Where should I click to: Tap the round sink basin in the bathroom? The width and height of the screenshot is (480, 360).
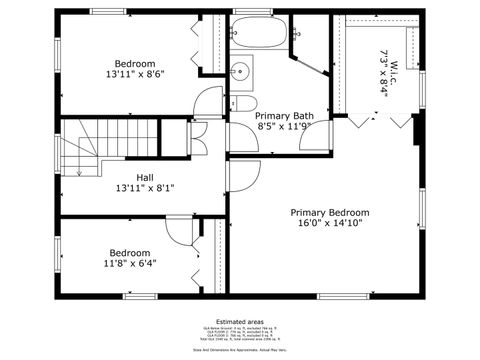point(241,71)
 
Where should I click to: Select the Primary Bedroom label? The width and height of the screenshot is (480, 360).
point(330,212)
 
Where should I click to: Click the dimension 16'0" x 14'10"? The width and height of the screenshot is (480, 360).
point(330,224)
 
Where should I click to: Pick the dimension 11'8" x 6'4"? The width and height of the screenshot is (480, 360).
point(130,264)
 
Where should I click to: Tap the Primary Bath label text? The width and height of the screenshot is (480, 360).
point(285,116)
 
